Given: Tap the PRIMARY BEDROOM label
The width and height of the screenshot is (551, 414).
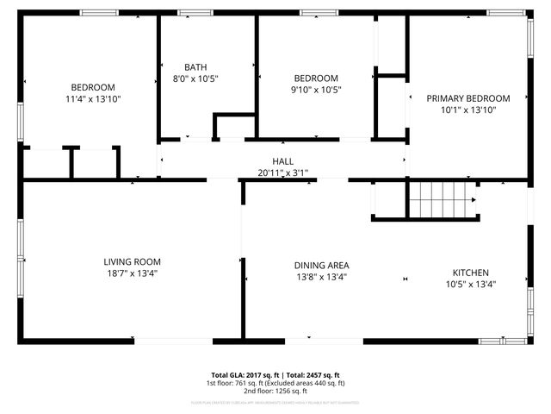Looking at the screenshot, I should (468, 98).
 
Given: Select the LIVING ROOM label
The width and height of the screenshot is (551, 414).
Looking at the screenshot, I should (132, 262).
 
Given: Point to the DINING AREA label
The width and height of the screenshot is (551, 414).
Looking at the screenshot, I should (321, 266).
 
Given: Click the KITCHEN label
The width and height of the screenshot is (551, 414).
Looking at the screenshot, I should (471, 273).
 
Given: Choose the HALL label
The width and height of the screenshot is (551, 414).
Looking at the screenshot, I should (282, 161).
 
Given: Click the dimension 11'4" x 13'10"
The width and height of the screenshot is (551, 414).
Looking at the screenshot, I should (93, 99).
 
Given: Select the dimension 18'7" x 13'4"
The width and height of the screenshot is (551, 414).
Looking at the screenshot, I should (132, 273).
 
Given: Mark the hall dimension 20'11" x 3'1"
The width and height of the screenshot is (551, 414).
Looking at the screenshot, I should (282, 172).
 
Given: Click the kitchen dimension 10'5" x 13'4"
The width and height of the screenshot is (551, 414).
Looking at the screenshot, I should (471, 284).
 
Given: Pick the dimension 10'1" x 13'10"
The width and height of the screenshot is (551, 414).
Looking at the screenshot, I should (468, 110).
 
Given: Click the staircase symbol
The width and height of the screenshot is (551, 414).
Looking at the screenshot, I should (442, 202).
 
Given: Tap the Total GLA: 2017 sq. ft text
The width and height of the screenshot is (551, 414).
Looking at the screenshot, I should (240, 375).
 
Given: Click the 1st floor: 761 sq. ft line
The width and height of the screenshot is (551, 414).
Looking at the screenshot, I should (275, 383).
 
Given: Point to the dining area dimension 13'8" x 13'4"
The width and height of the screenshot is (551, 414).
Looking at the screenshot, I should (321, 277).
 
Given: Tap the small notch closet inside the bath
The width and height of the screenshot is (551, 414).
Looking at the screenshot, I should (233, 125).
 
